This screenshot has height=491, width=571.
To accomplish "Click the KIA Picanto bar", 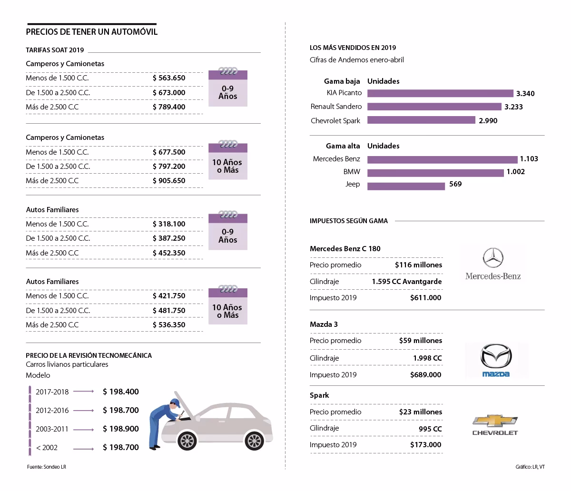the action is tap(440, 93).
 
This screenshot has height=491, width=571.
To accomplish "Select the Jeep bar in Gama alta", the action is tap(406, 187).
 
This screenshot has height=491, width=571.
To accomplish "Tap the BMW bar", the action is tap(435, 173).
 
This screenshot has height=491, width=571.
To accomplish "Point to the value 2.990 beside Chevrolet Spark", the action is tap(488, 121).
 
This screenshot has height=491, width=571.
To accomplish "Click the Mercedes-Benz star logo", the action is tap(493, 258).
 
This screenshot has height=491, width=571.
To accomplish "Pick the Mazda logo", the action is tap(496, 360).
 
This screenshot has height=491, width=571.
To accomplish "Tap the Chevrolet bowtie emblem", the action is tap(495, 420).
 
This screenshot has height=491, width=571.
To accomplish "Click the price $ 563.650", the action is tap(169, 78).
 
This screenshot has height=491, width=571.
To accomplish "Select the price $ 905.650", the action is tap(169, 181).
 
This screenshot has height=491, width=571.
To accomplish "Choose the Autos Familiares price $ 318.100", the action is tap(169, 224).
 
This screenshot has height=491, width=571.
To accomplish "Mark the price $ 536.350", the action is tap(169, 325).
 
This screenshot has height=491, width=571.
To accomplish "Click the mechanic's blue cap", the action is tap(176, 403).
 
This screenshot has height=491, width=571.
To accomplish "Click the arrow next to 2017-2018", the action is tap(83, 391).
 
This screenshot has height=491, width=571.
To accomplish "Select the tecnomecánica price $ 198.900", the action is tap(120, 429).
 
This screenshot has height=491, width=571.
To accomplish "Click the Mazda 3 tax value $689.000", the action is tap(425, 375).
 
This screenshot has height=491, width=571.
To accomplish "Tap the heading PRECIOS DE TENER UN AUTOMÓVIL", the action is tap(92, 32).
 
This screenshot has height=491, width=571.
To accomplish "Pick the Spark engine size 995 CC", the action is tap(430, 429).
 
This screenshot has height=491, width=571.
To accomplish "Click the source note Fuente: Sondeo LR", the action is tap(47, 467).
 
